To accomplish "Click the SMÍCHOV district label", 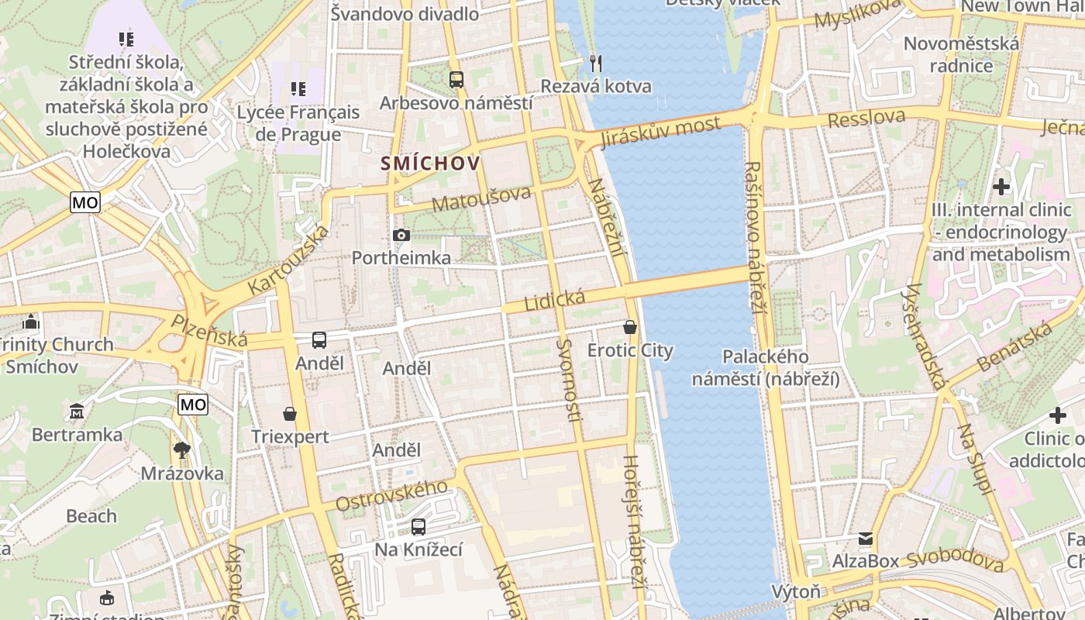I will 431,164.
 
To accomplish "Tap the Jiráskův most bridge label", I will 660,132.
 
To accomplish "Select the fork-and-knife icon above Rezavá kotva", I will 595,63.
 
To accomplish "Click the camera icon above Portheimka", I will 401,235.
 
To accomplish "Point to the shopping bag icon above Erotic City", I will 630,327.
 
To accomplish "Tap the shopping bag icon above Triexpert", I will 290,414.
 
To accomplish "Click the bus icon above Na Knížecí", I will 418,527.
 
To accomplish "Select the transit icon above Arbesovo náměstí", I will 456,79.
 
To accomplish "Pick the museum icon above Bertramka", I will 77,411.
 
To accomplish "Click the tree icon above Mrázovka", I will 182,449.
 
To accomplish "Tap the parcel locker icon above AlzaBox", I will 865,538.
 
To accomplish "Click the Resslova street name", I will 866,119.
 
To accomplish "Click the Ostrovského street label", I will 391,495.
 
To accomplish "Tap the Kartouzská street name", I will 288,260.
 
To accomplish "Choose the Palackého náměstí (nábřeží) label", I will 765,367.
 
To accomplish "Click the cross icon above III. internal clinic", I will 1001,187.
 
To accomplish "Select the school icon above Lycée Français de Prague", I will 298,89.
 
